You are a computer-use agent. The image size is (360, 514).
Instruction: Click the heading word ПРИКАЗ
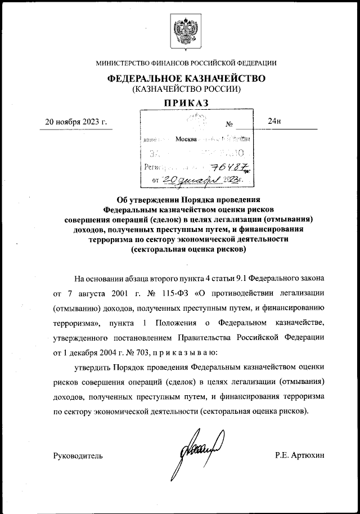[x=186, y=103]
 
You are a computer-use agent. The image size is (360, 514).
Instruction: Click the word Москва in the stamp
[x=186, y=138]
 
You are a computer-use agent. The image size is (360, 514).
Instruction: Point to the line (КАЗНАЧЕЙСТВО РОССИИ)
[x=186, y=89]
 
